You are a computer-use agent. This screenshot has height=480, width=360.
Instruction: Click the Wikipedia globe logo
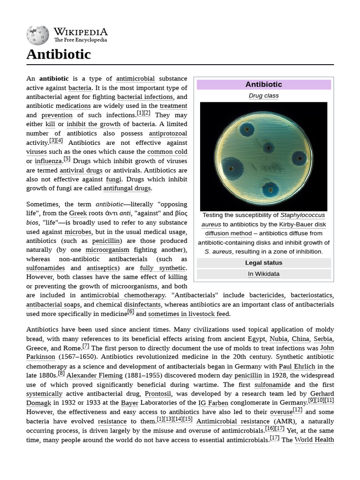[x=37, y=35]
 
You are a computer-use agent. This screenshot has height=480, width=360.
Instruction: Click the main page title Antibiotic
[x=59, y=54]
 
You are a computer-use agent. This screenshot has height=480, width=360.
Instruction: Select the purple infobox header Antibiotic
[x=263, y=84]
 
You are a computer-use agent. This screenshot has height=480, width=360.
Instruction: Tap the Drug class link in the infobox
[x=263, y=96]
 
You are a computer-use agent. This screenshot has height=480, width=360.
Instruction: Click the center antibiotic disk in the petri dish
[x=268, y=148]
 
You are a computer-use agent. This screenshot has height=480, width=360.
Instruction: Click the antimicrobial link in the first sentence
[x=135, y=79]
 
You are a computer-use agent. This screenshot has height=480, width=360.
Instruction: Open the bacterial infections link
[x=145, y=97]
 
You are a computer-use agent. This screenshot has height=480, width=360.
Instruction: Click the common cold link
[x=167, y=152]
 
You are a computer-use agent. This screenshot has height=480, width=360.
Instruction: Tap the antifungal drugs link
[x=127, y=188]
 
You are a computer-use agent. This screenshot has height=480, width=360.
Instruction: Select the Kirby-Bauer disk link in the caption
[x=302, y=225]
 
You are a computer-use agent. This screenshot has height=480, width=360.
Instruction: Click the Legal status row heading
[x=263, y=263]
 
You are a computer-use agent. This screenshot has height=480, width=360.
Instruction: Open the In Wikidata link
[x=263, y=274]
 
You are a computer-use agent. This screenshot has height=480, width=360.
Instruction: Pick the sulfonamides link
[x=45, y=268]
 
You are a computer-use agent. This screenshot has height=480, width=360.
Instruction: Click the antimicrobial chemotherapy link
[x=123, y=295]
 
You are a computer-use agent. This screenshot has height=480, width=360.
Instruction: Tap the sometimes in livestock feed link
[x=189, y=314]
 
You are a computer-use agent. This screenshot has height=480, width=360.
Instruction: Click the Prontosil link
[x=161, y=394]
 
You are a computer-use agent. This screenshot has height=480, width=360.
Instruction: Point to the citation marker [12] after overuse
[x=297, y=410]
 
